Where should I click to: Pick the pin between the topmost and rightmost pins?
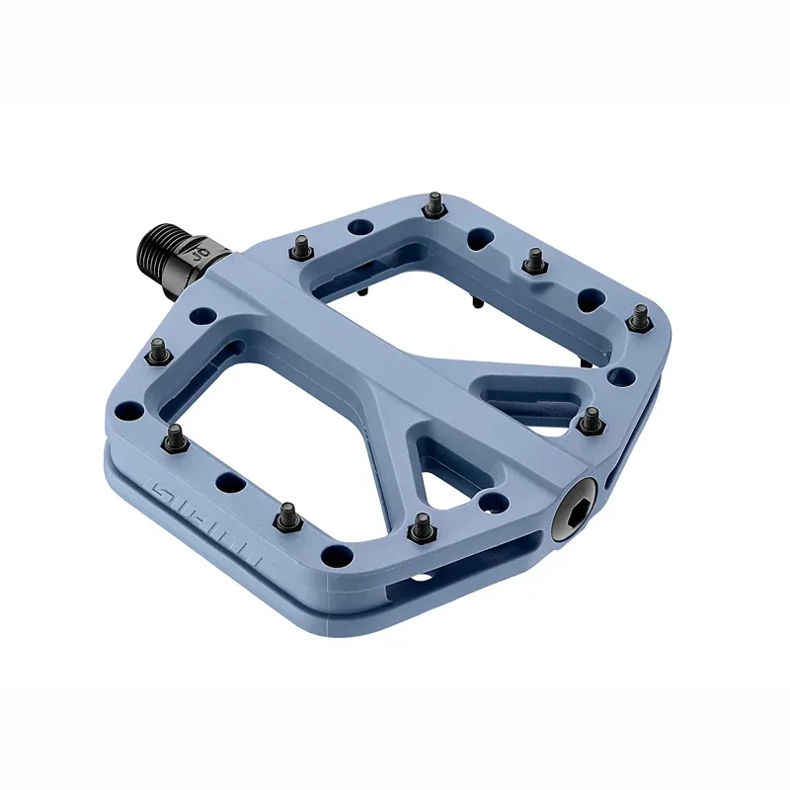click(x=534, y=260)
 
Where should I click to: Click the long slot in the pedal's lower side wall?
click(x=464, y=563)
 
